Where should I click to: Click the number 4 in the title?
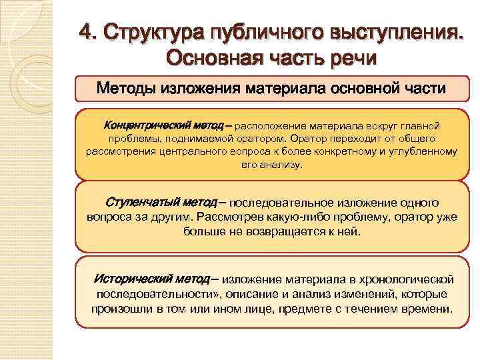point(86,31)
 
